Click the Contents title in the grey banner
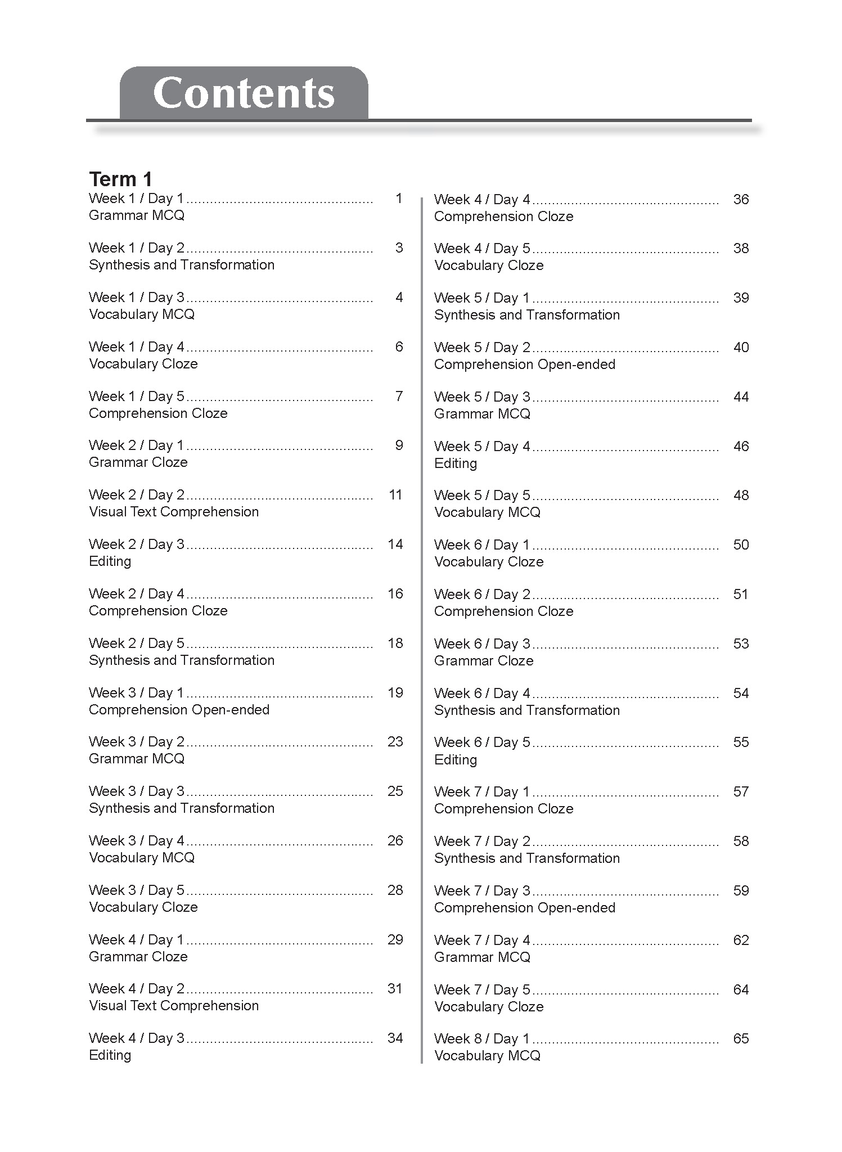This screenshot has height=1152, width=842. tap(244, 93)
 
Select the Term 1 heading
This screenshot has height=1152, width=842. tap(120, 179)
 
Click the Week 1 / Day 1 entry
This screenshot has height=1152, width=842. tap(136, 199)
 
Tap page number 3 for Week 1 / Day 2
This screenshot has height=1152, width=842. tap(399, 248)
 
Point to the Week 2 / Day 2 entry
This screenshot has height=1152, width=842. tap(136, 495)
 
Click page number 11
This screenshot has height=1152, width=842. tap(395, 495)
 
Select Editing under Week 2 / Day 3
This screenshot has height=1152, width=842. tap(110, 561)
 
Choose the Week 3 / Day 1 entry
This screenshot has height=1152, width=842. tap(136, 692)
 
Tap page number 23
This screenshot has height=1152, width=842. tap(395, 742)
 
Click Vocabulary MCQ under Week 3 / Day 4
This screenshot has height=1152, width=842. tap(142, 858)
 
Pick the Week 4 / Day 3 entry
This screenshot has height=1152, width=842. tap(136, 1038)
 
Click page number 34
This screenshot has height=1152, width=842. tap(395, 1038)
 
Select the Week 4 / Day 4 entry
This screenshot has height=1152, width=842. tap(481, 200)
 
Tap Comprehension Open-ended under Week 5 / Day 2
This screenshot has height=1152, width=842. tap(524, 364)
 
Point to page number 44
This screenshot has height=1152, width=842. tap(741, 397)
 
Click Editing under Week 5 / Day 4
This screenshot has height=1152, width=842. tap(455, 463)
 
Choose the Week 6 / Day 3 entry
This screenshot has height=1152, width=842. tap(481, 644)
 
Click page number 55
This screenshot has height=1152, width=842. tap(741, 742)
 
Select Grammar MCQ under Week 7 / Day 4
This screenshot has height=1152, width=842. tap(482, 957)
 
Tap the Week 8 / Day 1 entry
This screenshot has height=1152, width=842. tap(481, 1039)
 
